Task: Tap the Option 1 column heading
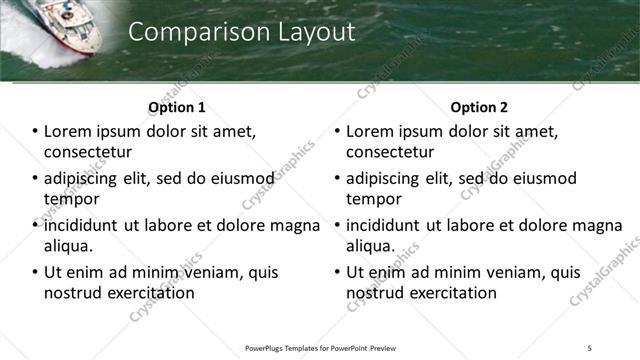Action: click(x=177, y=107)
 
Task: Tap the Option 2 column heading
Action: click(x=479, y=107)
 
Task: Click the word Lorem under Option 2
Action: click(x=371, y=131)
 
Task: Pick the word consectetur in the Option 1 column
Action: click(x=88, y=152)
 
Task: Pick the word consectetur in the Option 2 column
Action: click(x=390, y=152)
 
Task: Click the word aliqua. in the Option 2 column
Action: click(x=371, y=246)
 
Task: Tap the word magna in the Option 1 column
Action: click(x=296, y=225)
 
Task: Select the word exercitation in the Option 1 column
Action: click(x=148, y=293)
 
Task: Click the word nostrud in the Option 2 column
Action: click(x=374, y=293)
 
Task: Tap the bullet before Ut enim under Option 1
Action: click(x=35, y=272)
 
